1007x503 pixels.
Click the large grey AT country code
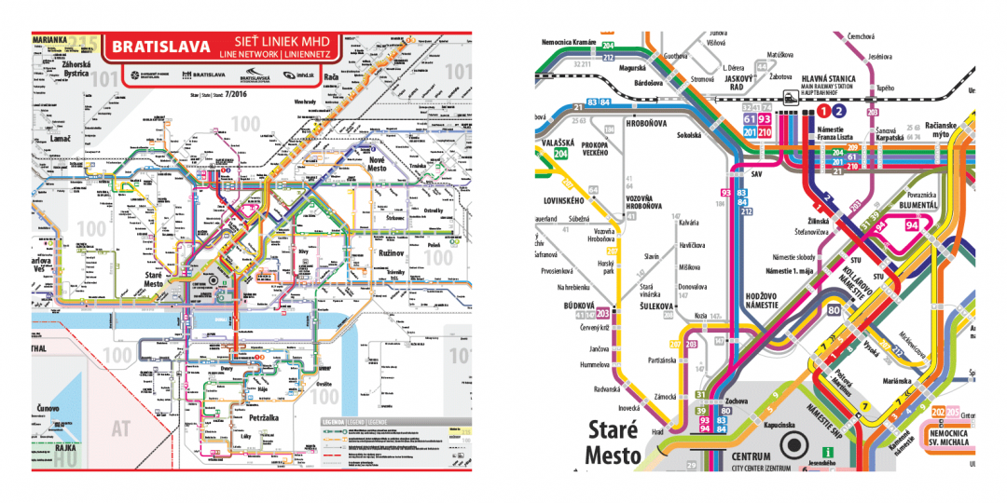pos(120,429)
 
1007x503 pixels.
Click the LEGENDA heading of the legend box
pos(334,422)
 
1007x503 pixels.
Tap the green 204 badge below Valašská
pos(561,155)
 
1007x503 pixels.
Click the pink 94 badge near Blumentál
pos(912,225)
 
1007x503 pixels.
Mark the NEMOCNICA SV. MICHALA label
pos(948,439)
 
